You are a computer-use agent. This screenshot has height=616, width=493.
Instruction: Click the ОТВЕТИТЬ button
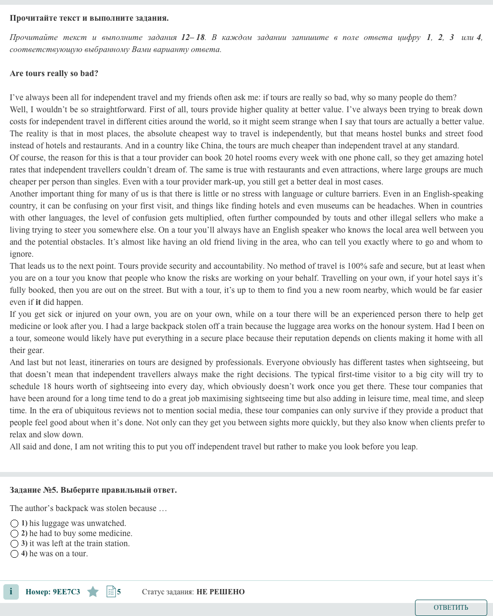click(x=451, y=607)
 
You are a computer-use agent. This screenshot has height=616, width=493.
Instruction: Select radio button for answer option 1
click(x=14, y=524)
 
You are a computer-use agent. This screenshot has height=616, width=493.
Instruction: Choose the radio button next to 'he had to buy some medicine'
click(x=14, y=534)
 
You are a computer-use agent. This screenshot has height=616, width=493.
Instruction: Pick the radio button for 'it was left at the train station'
click(x=14, y=544)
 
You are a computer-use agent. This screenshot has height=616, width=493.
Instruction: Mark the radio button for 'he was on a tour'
click(x=14, y=554)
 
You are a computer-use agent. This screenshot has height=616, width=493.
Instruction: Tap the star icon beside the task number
click(x=93, y=592)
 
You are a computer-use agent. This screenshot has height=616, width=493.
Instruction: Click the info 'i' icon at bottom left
click(x=11, y=592)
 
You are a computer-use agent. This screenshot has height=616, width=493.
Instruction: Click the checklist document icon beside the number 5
click(x=111, y=592)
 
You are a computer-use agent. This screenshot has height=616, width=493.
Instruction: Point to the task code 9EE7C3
click(x=66, y=592)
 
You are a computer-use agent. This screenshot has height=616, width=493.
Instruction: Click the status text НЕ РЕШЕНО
click(x=221, y=592)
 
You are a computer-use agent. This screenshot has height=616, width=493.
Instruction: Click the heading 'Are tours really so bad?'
click(x=54, y=74)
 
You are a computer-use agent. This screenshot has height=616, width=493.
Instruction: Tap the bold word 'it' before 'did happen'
click(x=38, y=302)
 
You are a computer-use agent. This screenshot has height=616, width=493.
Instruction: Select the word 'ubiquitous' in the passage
click(x=83, y=411)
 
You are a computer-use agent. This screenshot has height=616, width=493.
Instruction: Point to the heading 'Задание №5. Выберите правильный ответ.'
click(x=93, y=490)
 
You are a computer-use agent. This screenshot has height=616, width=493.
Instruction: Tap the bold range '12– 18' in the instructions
click(x=193, y=38)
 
